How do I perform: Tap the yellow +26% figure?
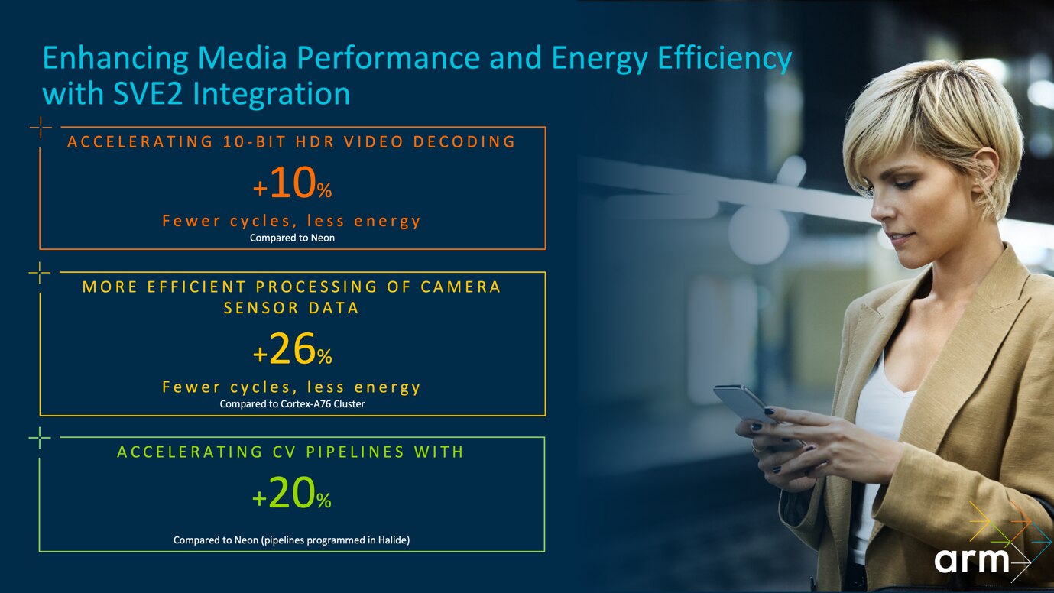click(292, 352)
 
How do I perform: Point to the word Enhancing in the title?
click(114, 60)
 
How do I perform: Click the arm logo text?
click(971, 561)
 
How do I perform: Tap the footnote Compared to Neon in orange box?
click(292, 238)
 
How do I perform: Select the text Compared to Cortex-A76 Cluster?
click(292, 403)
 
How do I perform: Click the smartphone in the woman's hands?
click(745, 409)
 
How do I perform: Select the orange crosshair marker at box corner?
click(40, 127)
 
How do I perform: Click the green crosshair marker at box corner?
click(40, 437)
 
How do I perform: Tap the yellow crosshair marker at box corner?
click(40, 272)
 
